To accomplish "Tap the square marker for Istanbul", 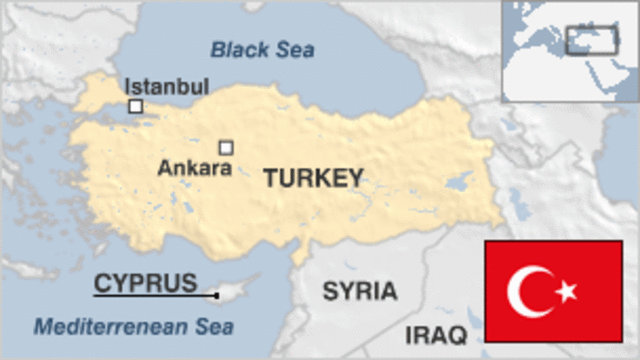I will coord(135,106).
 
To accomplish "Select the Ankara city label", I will coord(194,169).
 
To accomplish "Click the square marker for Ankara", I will coord(226,148).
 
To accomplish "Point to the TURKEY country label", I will coord(312,178).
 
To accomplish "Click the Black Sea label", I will coord(262,48).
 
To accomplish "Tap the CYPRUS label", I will coord(145,283).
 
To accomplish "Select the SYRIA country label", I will coord(359,292).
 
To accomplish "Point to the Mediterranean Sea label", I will coord(133,326).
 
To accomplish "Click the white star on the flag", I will coord(566,292).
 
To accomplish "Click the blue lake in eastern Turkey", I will coord(459,183).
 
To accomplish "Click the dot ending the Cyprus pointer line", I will coord(216,295).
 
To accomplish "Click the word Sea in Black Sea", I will coord(295,48).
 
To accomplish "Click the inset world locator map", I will coord(570,50).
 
